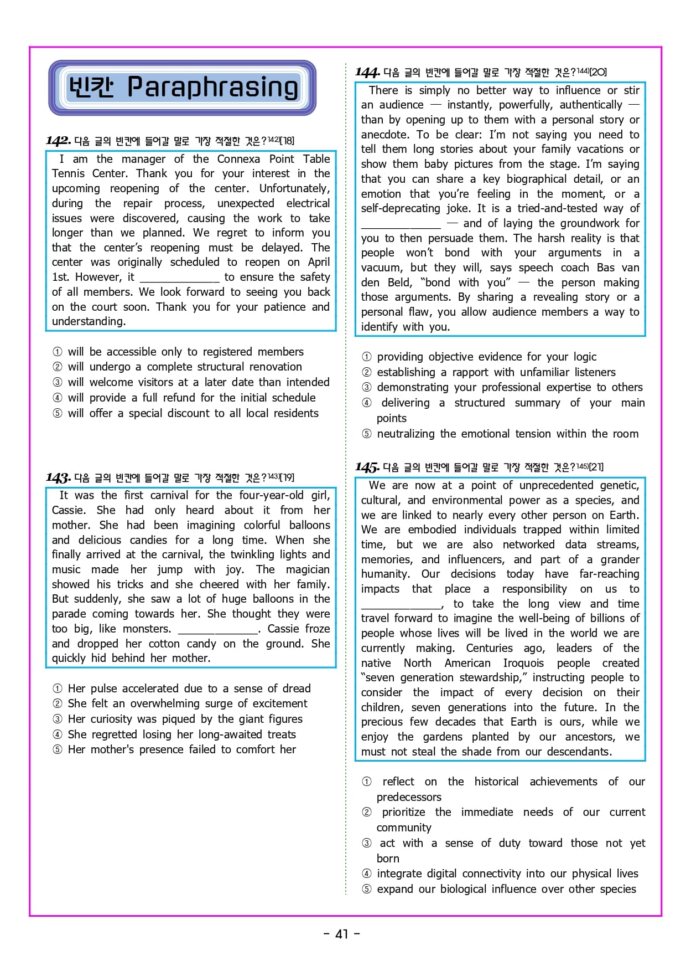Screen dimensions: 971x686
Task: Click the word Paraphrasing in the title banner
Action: [212, 88]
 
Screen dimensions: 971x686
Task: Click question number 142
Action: [58, 141]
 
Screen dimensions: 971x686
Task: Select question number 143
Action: [58, 477]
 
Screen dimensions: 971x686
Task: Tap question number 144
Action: [367, 73]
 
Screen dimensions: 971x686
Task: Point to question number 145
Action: [367, 467]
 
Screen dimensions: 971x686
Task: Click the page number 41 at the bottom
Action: [342, 934]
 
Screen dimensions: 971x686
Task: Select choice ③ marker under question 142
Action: [58, 382]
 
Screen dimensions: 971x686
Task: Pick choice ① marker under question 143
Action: [58, 689]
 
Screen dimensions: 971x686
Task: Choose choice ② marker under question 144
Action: [367, 372]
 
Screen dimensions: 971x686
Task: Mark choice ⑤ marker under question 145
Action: [367, 889]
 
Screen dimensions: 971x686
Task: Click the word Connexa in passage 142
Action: [238, 159]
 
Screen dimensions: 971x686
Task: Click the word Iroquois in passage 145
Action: [523, 663]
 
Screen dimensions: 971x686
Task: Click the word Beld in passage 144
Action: [399, 282]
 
